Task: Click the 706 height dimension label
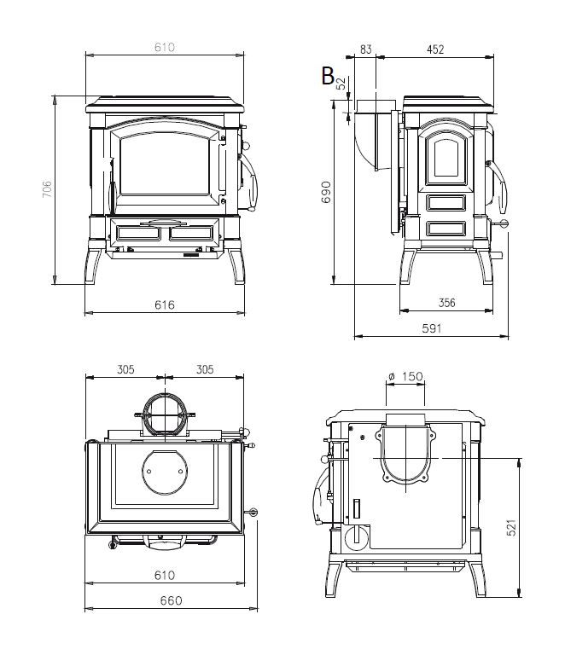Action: coord(47,189)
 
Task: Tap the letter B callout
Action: coord(327,76)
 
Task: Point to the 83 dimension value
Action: coord(365,50)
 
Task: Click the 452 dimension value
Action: coord(435,50)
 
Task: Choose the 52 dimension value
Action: coord(341,84)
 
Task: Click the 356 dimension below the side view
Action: coord(446,302)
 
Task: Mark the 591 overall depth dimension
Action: coord(431,327)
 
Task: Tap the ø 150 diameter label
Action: coord(405,376)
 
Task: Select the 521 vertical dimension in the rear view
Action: coord(534,528)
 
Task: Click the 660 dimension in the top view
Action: coord(171,600)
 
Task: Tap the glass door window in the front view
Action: coord(165,167)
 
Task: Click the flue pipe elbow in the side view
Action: coord(373,136)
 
